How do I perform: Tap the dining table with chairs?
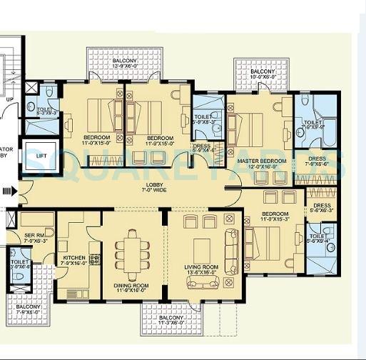tap(133, 250)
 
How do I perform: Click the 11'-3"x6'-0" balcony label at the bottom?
tap(169, 319)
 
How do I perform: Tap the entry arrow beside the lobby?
tap(8, 191)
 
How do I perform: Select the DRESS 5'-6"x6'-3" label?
tap(322, 209)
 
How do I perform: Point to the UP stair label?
tap(10, 100)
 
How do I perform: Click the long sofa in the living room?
tap(233, 246)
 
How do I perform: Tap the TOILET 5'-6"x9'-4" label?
tap(318, 239)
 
